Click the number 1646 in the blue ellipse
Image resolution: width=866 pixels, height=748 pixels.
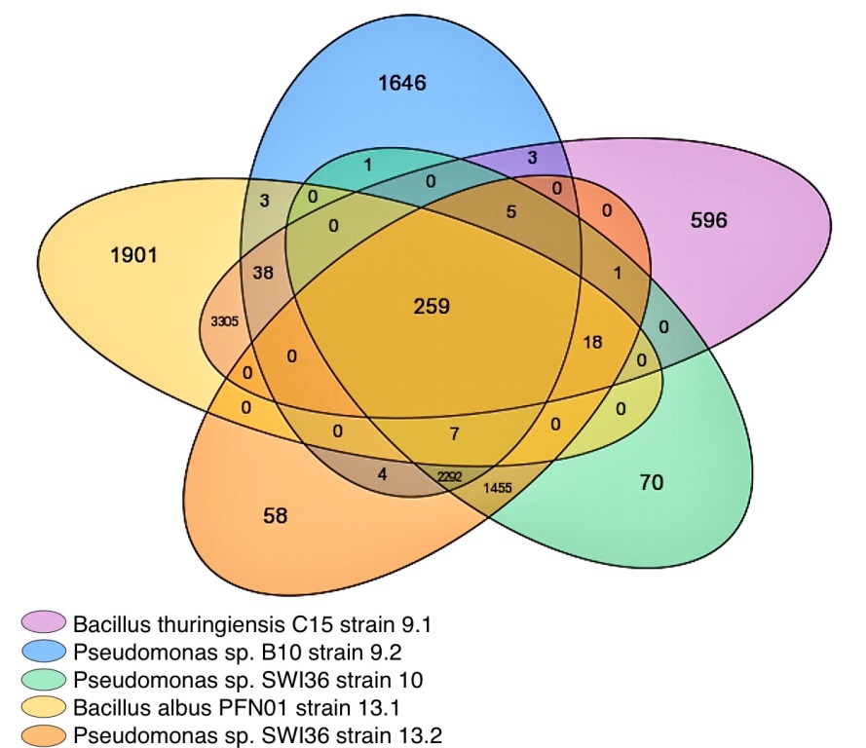402,83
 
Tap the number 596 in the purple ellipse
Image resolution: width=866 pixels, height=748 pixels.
708,220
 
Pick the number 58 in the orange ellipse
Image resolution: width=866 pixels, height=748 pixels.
276,515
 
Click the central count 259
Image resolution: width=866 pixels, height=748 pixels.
432,307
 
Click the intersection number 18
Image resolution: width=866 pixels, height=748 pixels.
593,342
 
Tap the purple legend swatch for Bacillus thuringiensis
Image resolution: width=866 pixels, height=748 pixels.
44,621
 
